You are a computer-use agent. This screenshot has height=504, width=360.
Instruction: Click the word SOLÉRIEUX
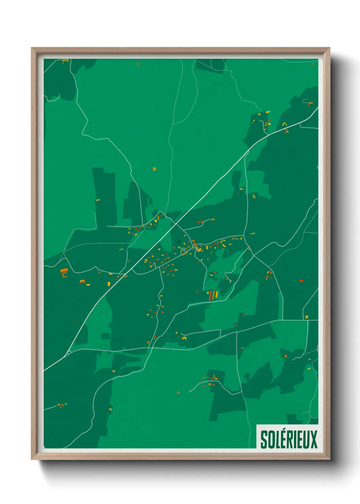point(289,439)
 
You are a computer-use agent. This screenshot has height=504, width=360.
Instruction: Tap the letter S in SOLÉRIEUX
point(264,439)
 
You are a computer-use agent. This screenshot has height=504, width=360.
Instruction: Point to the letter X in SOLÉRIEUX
point(313,439)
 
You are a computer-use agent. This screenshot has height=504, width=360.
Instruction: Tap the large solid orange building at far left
point(64,271)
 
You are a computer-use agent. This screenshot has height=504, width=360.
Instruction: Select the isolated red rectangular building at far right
point(301,281)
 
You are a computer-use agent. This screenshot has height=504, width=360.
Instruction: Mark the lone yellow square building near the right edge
point(307,317)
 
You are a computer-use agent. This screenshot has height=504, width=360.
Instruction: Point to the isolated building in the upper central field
point(154,169)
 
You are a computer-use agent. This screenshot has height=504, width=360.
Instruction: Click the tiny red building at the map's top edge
point(138,63)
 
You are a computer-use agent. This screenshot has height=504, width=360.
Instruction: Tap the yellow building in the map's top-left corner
point(65,61)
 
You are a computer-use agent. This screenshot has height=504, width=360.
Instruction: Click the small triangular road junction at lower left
point(68,352)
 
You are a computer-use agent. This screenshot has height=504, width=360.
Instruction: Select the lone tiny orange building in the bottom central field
point(178,393)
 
